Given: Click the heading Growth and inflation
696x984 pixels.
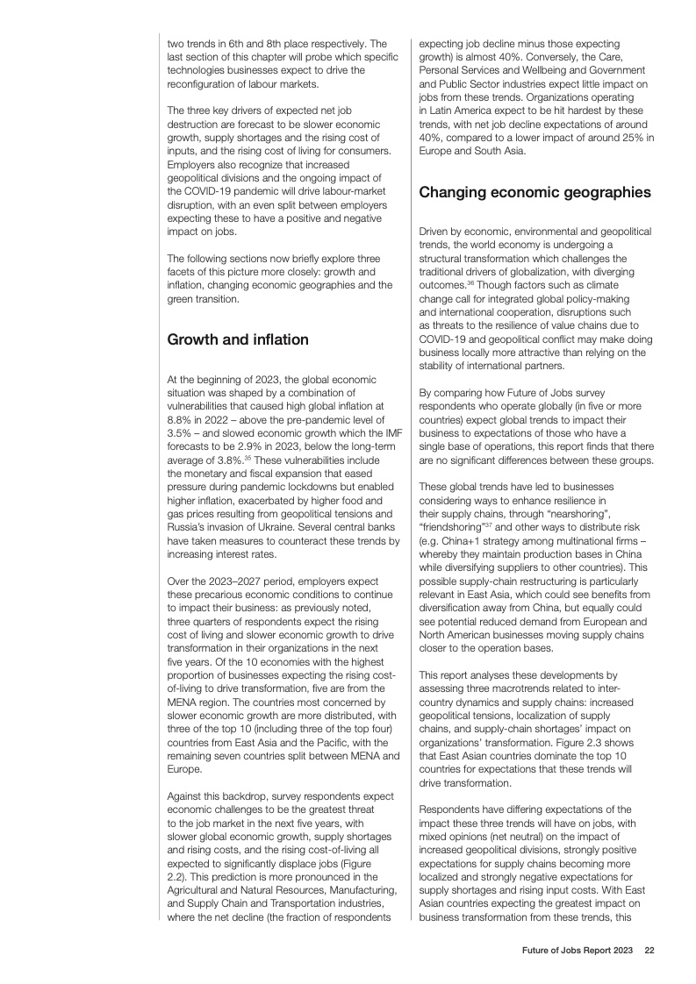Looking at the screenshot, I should click(x=237, y=339).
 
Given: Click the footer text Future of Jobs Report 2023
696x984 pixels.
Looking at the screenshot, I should click(x=575, y=949).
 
